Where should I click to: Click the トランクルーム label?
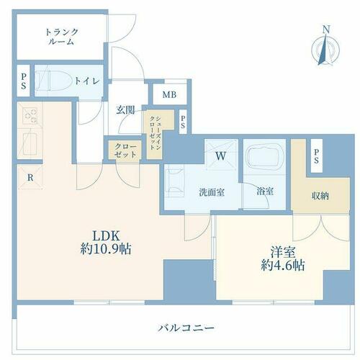(62, 37)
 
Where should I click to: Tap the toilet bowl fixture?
(53, 81)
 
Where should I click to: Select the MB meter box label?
(169, 95)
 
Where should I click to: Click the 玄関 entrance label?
(125, 110)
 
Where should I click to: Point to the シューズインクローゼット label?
(155, 133)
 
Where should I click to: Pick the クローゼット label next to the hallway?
(125, 150)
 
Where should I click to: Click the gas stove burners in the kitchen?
(30, 115)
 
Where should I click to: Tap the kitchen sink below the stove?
(30, 143)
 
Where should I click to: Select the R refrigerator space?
(30, 178)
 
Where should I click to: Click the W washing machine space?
(221, 156)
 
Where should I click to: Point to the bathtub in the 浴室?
(265, 156)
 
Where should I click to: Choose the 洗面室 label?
(212, 192)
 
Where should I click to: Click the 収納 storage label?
(320, 197)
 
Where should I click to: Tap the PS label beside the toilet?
(23, 81)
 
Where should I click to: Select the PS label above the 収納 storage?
(316, 156)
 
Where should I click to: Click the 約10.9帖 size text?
(106, 249)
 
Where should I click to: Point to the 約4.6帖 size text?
(283, 265)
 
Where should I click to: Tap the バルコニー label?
(186, 328)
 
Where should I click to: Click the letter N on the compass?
(325, 30)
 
